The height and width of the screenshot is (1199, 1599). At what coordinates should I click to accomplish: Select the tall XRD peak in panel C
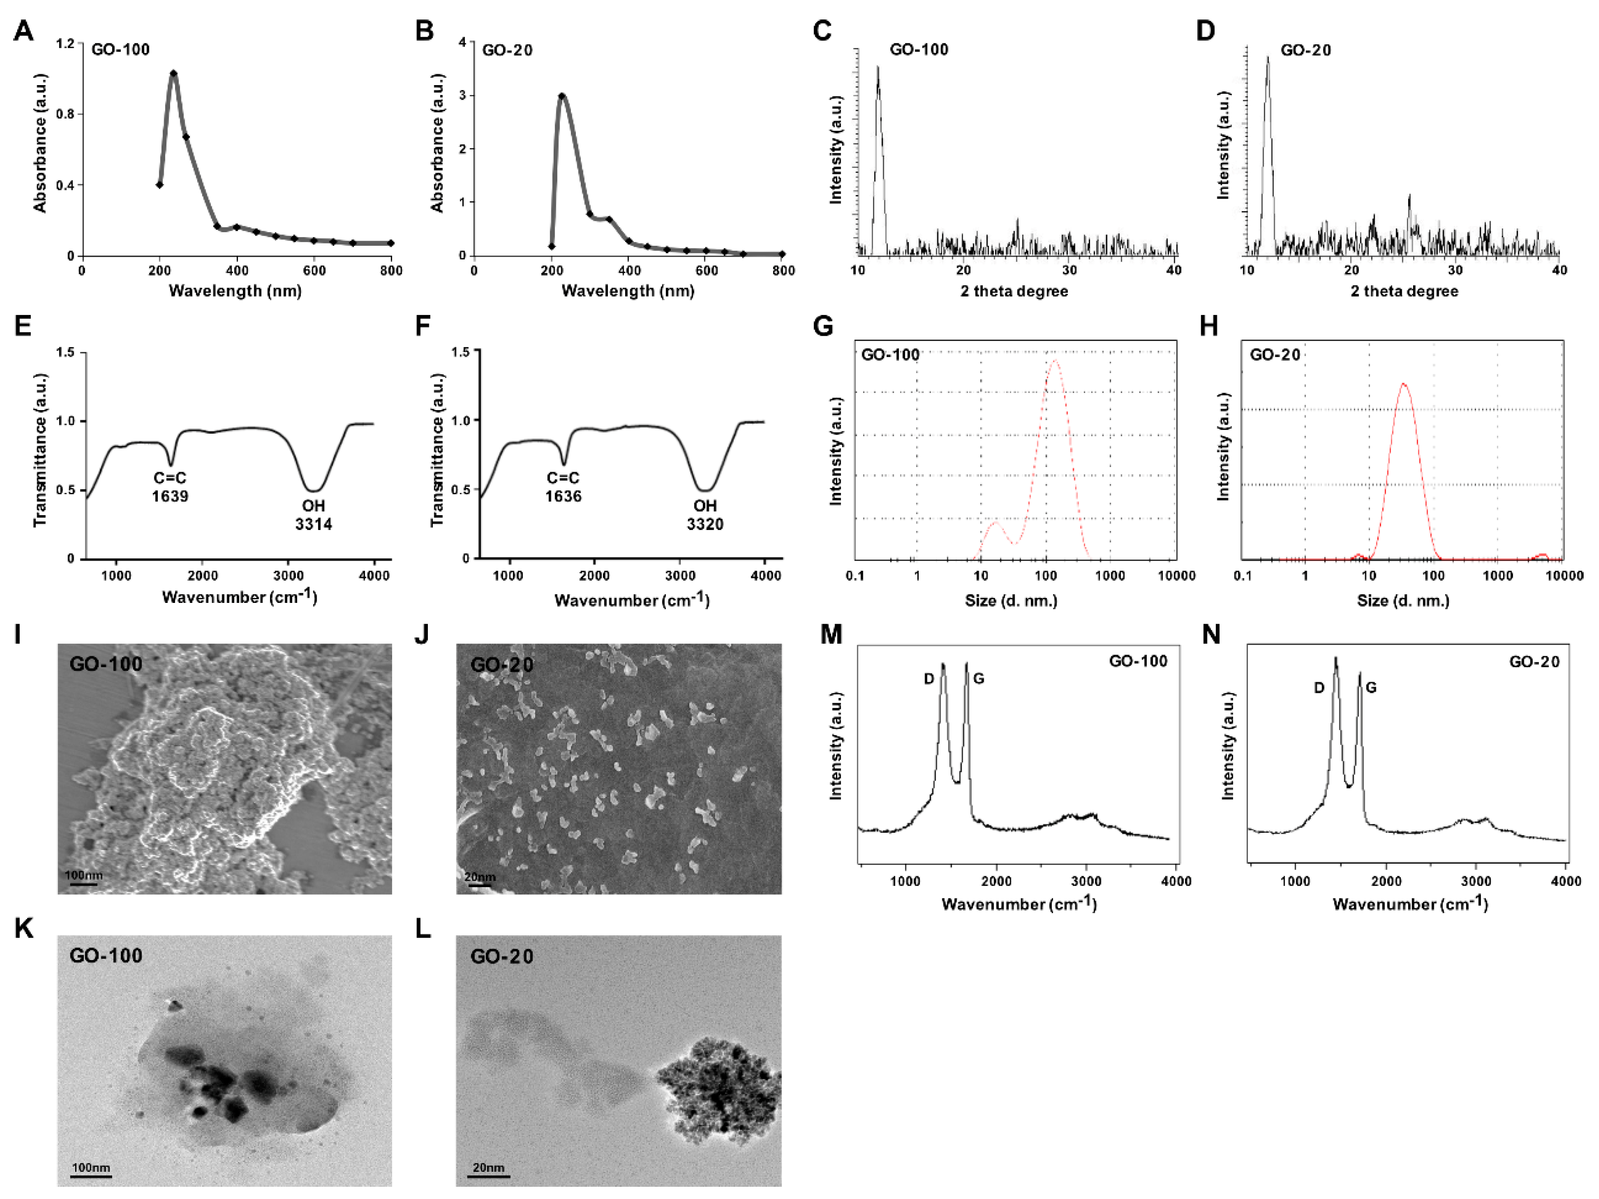pyautogui.click(x=878, y=69)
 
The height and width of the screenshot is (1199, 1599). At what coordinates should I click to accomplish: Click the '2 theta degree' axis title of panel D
pyautogui.click(x=1404, y=291)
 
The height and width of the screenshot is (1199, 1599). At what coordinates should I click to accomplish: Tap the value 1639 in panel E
pyautogui.click(x=170, y=496)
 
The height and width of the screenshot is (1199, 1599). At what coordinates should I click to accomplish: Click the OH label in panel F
pyautogui.click(x=704, y=506)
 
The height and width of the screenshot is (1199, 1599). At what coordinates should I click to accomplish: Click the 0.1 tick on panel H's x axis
pyautogui.click(x=1243, y=576)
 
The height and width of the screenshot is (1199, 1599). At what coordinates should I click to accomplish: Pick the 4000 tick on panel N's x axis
pyautogui.click(x=1566, y=881)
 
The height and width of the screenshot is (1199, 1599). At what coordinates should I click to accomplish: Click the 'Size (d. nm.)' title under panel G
pyautogui.click(x=1011, y=600)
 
